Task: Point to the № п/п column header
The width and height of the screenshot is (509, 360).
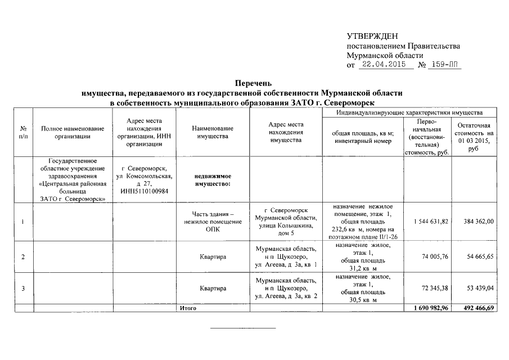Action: (22, 132)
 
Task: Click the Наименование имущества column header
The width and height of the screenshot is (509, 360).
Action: (213, 132)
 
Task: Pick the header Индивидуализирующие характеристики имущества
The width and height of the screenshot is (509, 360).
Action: (409, 112)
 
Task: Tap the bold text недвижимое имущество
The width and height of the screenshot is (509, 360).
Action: (213, 179)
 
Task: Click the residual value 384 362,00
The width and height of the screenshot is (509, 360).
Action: (476, 222)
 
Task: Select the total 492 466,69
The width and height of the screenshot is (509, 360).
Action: (476, 308)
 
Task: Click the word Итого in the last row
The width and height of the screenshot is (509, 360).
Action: (187, 308)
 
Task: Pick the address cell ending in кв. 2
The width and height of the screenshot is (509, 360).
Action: (286, 289)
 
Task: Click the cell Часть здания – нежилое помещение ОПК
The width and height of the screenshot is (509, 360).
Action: (213, 221)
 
